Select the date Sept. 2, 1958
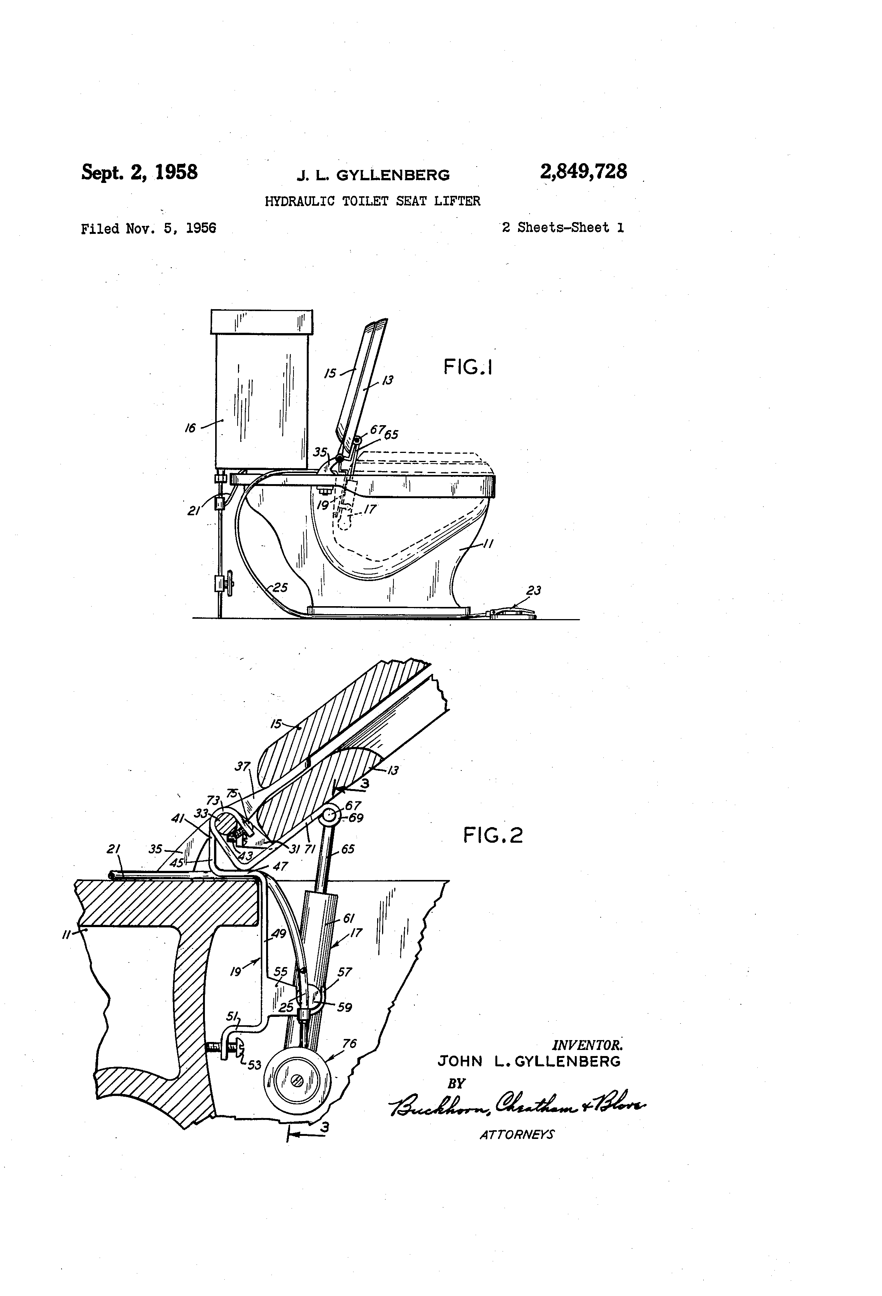click(140, 172)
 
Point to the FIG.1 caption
click(468, 367)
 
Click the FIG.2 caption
click(493, 835)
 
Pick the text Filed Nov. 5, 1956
click(148, 229)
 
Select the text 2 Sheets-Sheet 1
click(563, 227)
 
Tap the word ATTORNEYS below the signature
click(517, 1134)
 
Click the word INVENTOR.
click(587, 1045)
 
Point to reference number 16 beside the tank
click(191, 428)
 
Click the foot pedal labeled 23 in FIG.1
click(512, 613)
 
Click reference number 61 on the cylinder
click(349, 918)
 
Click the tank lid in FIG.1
click(262, 321)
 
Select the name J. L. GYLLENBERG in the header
click(373, 175)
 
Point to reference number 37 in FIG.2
click(243, 767)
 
